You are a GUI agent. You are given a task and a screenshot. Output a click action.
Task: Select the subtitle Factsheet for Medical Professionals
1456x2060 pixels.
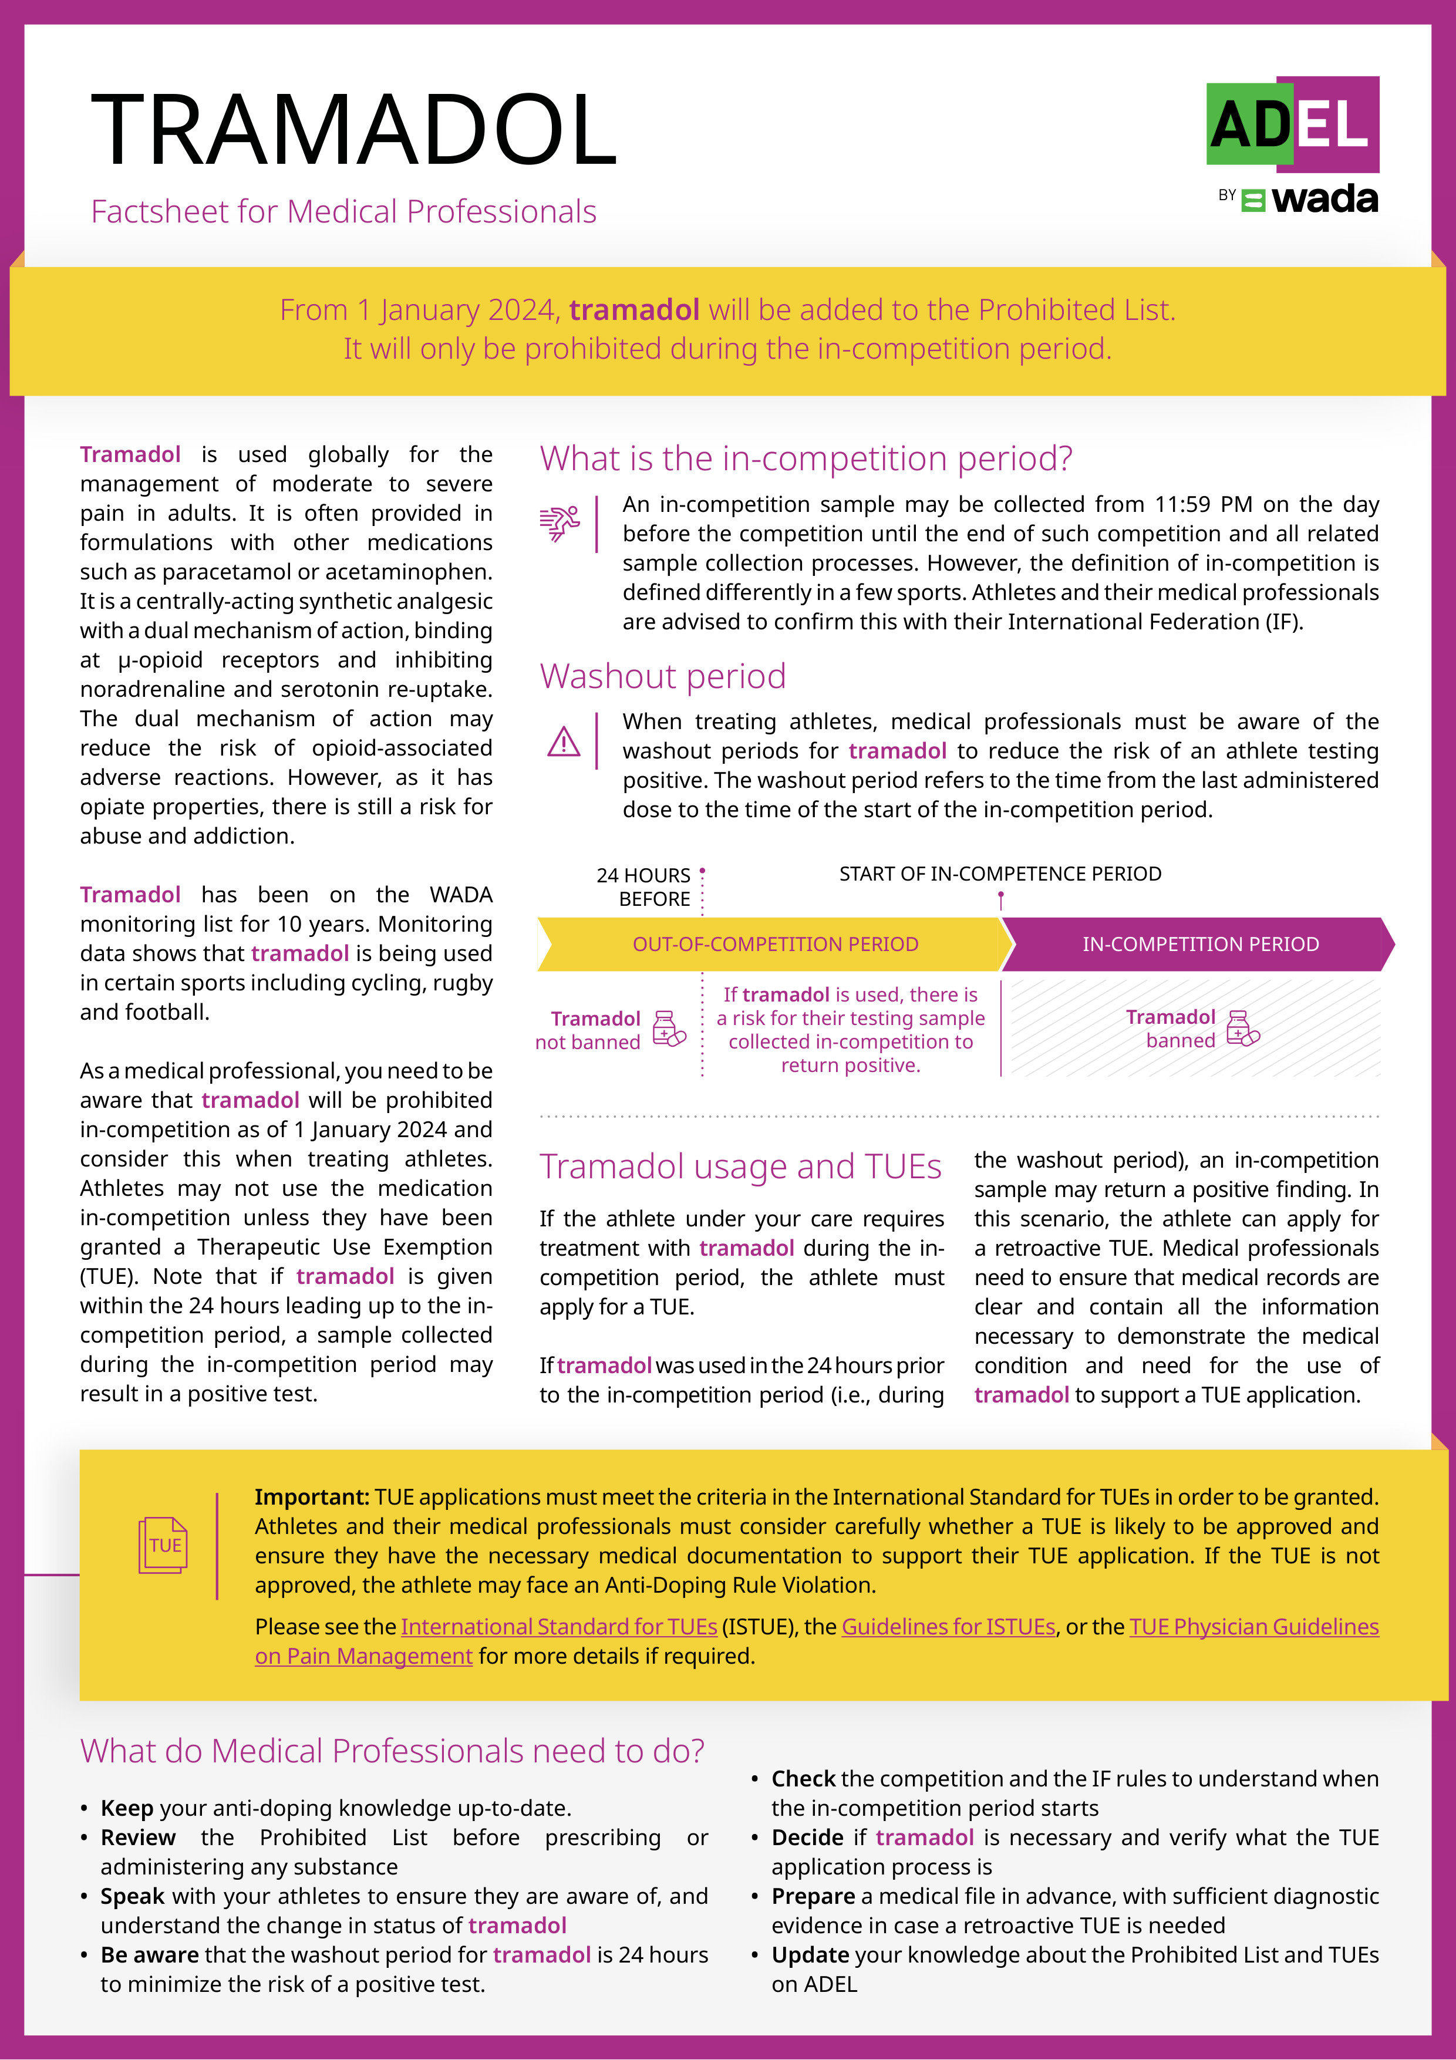coord(343,212)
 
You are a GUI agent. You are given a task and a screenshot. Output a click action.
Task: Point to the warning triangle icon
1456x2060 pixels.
coord(564,742)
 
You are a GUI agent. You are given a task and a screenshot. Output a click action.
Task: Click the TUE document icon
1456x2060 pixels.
coord(163,1545)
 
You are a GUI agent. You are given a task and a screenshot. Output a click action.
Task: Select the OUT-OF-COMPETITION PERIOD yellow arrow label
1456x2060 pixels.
coord(775,944)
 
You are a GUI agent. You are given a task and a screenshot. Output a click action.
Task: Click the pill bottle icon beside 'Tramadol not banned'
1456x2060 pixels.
coord(668,1029)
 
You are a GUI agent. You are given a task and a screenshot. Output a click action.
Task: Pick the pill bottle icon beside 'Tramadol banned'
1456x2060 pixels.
coord(1242,1028)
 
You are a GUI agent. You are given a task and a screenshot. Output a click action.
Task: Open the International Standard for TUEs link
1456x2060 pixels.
coord(558,1627)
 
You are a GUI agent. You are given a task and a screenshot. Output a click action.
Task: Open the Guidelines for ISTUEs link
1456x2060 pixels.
coord(948,1627)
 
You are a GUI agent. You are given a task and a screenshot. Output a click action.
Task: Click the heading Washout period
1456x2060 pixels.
coord(662,676)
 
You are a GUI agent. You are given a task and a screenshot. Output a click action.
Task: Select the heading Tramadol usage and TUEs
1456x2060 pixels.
coord(740,1166)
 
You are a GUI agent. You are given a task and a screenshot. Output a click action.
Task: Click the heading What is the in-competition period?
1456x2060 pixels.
coord(805,458)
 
